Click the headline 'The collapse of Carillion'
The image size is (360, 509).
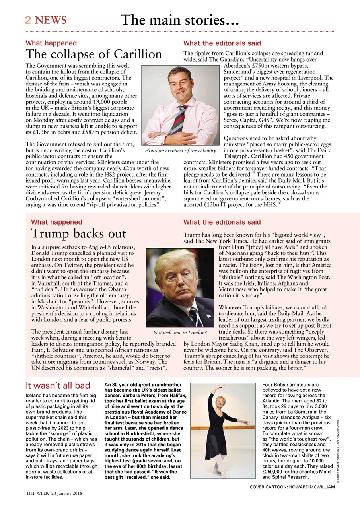click(x=94, y=54)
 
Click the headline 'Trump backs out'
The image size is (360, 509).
click(x=73, y=234)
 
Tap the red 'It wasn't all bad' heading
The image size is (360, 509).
click(x=58, y=385)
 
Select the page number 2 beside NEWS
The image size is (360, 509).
click(x=28, y=20)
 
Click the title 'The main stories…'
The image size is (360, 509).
click(x=179, y=19)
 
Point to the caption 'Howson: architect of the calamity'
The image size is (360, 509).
click(x=180, y=151)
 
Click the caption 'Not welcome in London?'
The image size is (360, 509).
click(x=180, y=332)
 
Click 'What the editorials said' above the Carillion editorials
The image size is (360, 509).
click(x=222, y=43)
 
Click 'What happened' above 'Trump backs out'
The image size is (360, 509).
click(x=56, y=222)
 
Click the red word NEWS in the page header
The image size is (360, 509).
click(x=51, y=20)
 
